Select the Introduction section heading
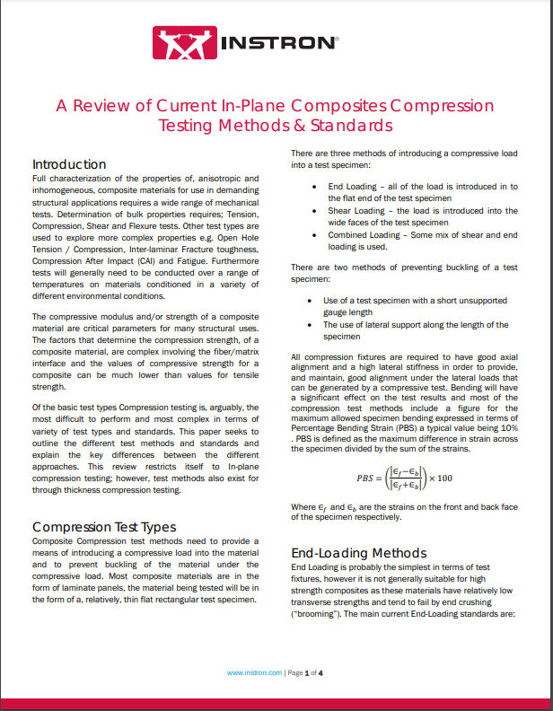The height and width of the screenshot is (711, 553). point(69,164)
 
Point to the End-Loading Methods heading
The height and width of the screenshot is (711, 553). point(359,553)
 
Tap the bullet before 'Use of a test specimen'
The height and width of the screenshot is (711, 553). point(312,301)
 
